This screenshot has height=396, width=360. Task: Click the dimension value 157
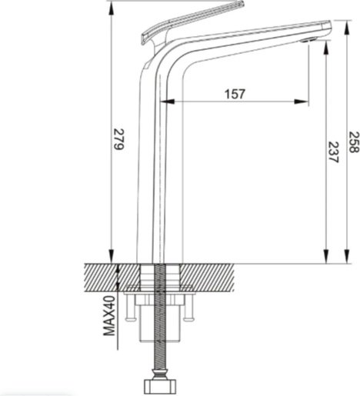pos(235,94)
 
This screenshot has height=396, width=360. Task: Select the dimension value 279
pos(119,138)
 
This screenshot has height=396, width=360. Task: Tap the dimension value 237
pos(334,152)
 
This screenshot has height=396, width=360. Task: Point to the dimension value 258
pos(354,142)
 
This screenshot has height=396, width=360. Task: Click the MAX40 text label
pos(109,315)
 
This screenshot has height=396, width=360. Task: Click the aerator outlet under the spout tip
pos(308,40)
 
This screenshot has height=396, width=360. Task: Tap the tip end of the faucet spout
pos(330,27)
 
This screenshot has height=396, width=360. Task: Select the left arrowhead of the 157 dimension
pos(167,101)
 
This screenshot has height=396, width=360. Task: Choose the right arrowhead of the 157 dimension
pos(302,101)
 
